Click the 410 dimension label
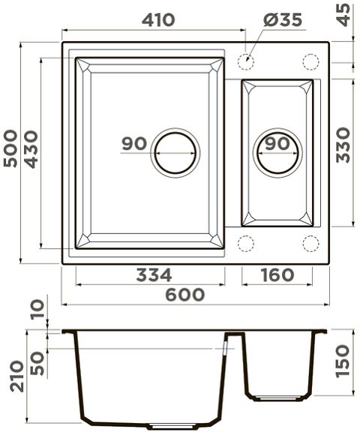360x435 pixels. [x=158, y=20]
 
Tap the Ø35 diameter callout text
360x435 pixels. [x=283, y=20]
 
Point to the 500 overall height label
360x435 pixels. [x=10, y=148]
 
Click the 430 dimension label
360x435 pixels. [x=31, y=149]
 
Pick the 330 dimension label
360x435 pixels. [x=343, y=145]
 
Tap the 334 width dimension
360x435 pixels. [x=154, y=275]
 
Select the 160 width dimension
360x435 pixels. [x=277, y=275]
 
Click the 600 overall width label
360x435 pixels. [x=185, y=295]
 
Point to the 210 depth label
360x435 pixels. [x=17, y=376]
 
